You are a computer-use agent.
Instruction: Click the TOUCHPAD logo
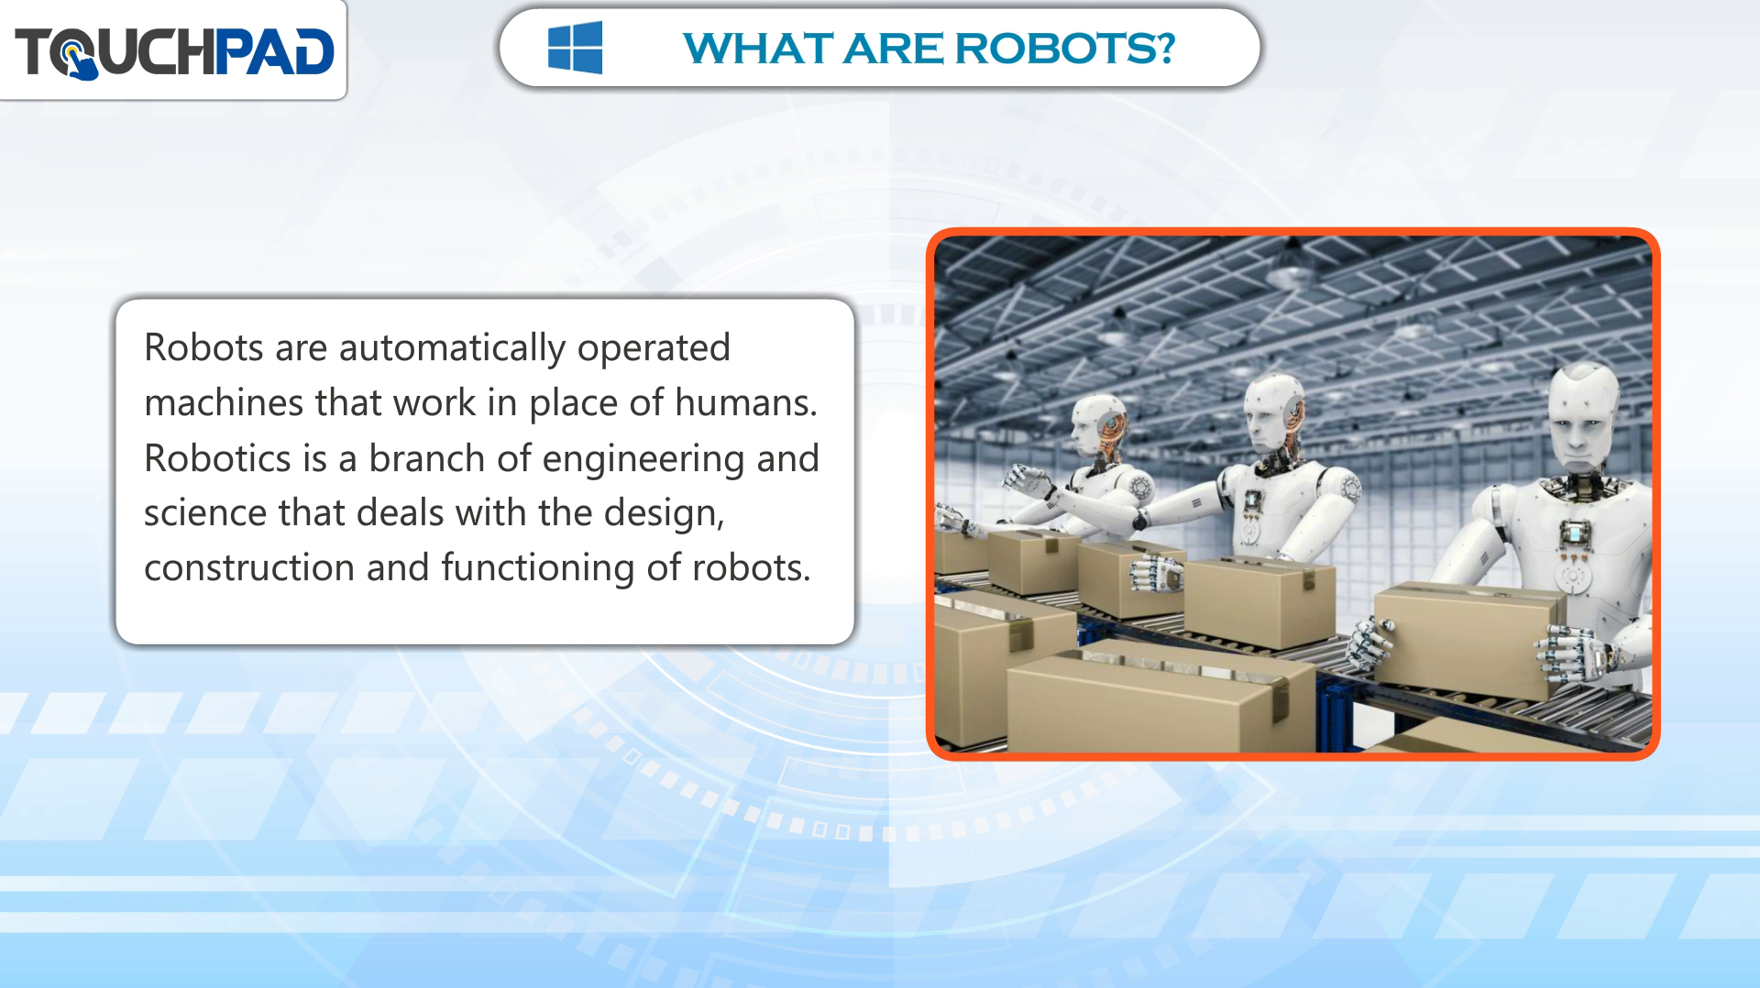tap(174, 51)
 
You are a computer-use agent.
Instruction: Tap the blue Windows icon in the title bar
tap(575, 48)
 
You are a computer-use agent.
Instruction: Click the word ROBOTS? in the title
tap(1065, 49)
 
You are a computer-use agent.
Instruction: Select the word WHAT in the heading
tap(757, 49)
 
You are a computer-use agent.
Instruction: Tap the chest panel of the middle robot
tap(1252, 503)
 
